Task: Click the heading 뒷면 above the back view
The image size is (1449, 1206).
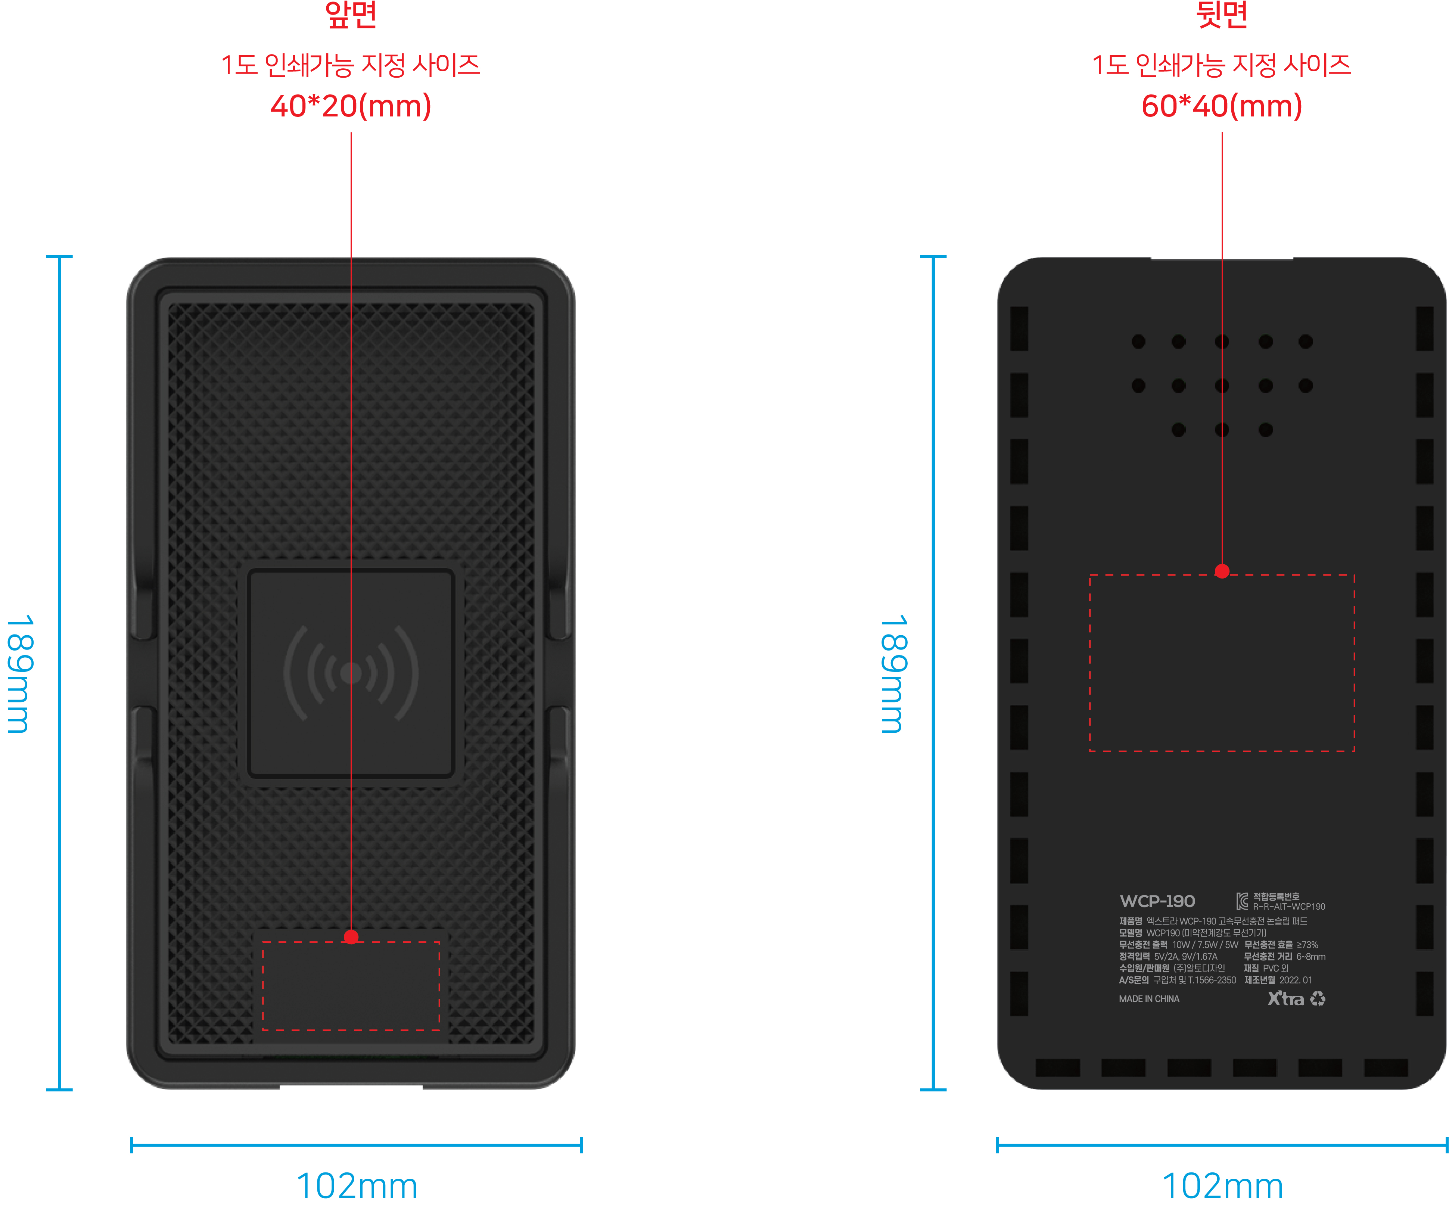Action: (1222, 14)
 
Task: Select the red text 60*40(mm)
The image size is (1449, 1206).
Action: (1222, 106)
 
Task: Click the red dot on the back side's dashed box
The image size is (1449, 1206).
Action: (1222, 571)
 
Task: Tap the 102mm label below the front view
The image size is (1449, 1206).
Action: (357, 1186)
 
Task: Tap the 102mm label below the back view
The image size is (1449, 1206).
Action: (1223, 1186)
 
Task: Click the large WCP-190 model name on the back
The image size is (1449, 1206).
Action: (1157, 901)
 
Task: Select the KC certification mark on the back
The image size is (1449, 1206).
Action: (1242, 901)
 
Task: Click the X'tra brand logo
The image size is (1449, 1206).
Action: (1286, 998)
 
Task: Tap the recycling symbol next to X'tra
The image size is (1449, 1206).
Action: (1318, 998)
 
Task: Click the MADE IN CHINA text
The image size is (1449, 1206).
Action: (1149, 999)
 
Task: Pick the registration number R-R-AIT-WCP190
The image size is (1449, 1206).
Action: (1289, 907)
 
